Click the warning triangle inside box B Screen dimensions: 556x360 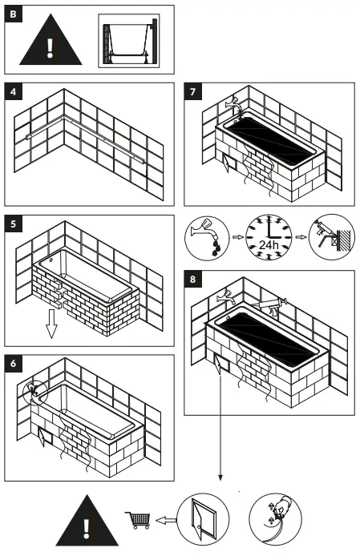click(x=50, y=41)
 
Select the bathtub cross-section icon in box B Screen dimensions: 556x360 click(x=128, y=39)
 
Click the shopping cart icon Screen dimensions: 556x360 click(x=138, y=520)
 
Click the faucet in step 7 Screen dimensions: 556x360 click(x=233, y=102)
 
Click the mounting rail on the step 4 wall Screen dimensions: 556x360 click(x=88, y=128)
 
